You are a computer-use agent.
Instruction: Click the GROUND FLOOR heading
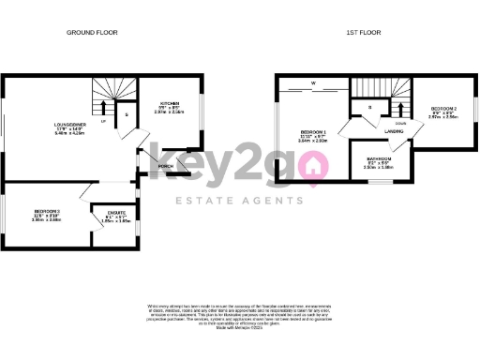[91, 33]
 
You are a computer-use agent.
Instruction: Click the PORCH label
[165, 167]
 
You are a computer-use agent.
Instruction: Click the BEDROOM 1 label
[312, 131]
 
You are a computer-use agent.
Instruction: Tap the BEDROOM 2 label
[443, 110]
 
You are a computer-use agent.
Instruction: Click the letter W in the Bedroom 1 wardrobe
[314, 83]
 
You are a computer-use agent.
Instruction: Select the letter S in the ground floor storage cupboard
[127, 115]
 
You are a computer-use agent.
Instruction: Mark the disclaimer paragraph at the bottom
[239, 316]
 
